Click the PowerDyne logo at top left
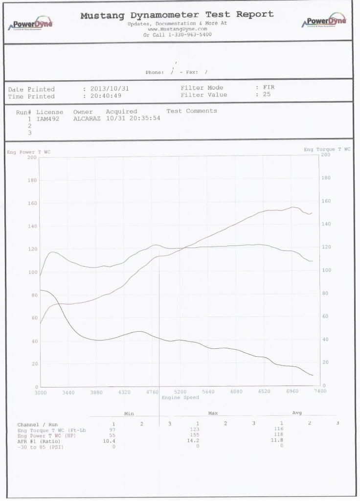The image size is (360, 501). coord(32,23)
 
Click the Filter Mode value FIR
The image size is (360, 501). coord(269,88)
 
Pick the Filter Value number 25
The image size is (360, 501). coord(267,94)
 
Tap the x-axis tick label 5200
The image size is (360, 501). coord(180,392)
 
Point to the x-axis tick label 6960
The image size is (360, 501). coord(292,392)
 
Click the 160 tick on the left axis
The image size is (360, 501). coord(32,203)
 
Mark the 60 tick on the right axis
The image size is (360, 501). coord(326,316)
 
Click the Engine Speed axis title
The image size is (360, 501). coord(180,398)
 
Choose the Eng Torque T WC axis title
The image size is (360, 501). coord(327,149)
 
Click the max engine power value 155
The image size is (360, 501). coord(198,434)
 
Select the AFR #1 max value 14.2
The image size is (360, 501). coord(198,440)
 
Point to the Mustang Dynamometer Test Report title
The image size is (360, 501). coord(177,15)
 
